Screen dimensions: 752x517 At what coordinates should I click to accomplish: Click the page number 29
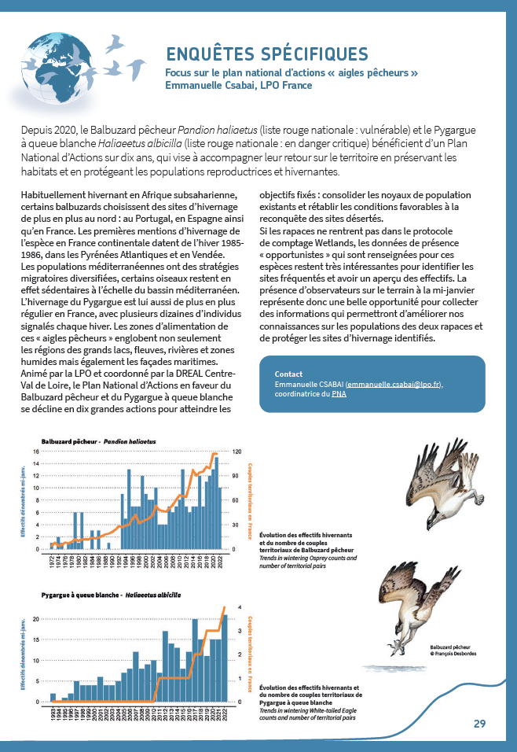pyautogui.click(x=479, y=724)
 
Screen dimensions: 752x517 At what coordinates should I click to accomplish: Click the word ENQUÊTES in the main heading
pyautogui.click(x=213, y=54)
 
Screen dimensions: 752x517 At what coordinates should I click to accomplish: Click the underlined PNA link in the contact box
pyautogui.click(x=339, y=393)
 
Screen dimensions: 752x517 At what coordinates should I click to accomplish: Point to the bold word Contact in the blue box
pyautogui.click(x=289, y=374)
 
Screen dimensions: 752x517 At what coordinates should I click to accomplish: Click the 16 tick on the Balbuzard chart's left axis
pyautogui.click(x=46, y=452)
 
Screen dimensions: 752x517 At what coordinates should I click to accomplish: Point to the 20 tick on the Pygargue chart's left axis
pyautogui.click(x=46, y=619)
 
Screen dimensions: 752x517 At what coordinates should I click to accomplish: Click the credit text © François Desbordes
pyautogui.click(x=453, y=653)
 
